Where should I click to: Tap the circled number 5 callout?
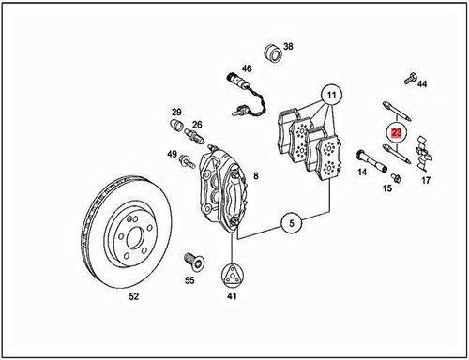click(291, 223)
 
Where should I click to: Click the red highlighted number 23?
click(397, 135)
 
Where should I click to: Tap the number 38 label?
click(288, 46)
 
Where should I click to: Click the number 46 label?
click(247, 68)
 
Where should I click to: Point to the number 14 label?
click(362, 172)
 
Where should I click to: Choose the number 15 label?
click(386, 188)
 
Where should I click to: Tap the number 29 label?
click(174, 111)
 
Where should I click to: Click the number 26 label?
click(197, 124)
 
